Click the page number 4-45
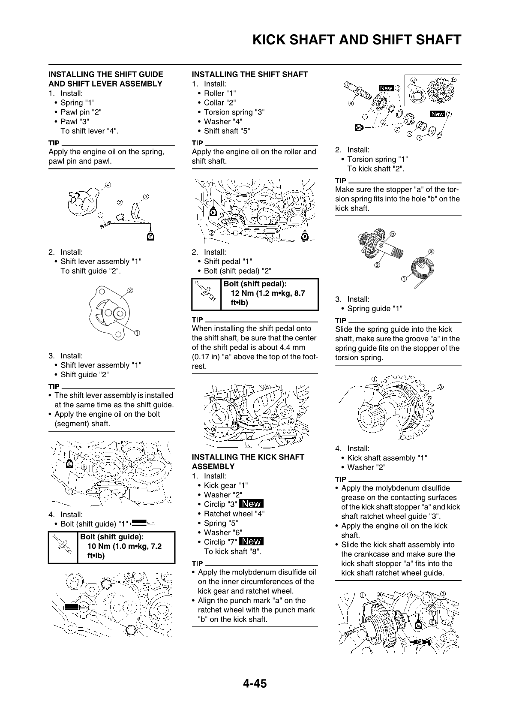pyautogui.click(x=255, y=683)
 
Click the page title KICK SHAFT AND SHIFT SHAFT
pyautogui.click(x=357, y=40)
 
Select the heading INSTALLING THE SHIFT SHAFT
pyautogui.click(x=249, y=75)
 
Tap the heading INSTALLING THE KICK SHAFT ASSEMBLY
pyautogui.click(x=248, y=462)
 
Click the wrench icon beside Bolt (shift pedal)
pyautogui.click(x=207, y=294)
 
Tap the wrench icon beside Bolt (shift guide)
pyautogui.click(x=63, y=547)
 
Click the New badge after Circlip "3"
pyautogui.click(x=252, y=504)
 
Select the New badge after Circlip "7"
pyautogui.click(x=252, y=541)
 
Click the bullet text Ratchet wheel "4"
pyautogui.click(x=234, y=514)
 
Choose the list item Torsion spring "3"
pyautogui.click(x=234, y=112)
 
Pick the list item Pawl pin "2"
pyautogui.click(x=81, y=112)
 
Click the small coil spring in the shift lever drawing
pyautogui.click(x=105, y=224)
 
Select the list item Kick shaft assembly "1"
pyautogui.click(x=387, y=458)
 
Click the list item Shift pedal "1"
pyautogui.click(x=228, y=262)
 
